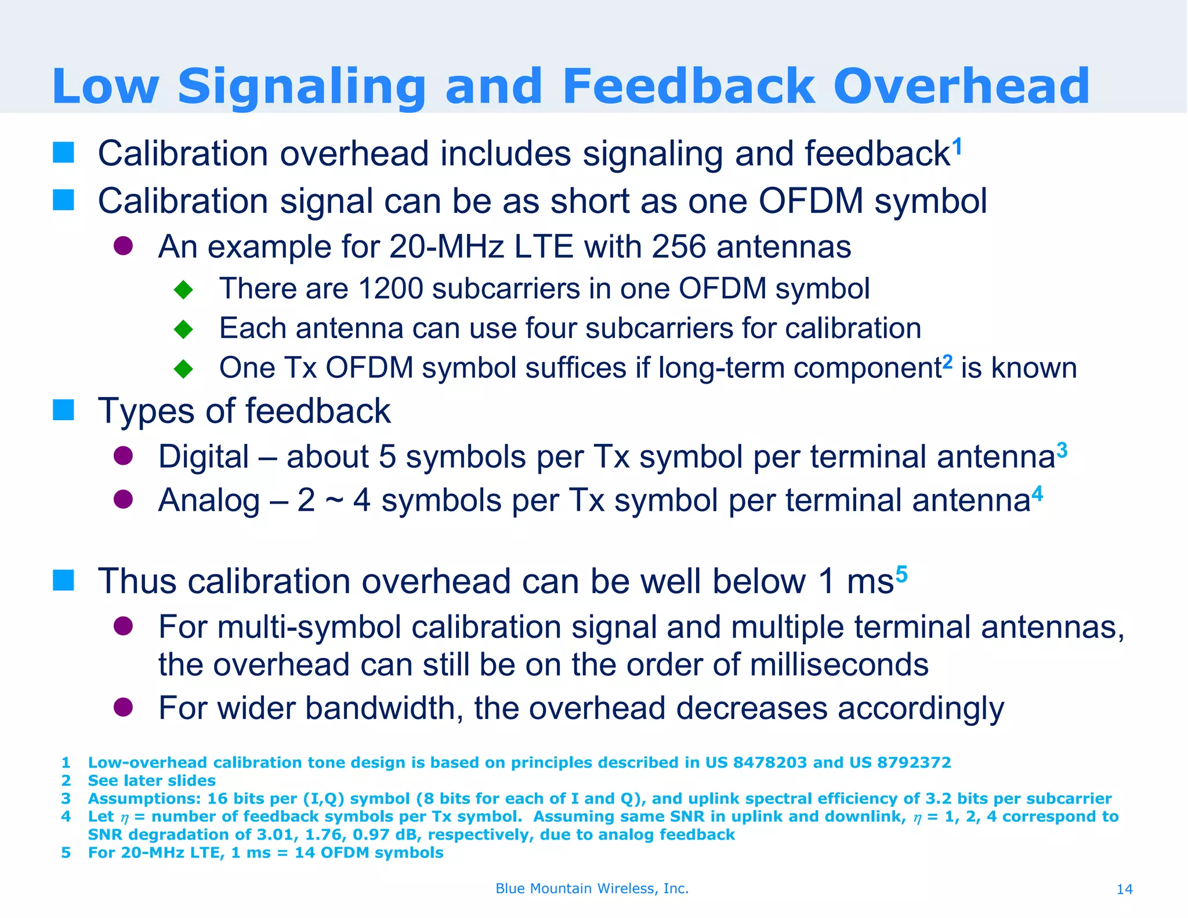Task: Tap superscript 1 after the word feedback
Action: [957, 146]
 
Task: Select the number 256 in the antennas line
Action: [679, 247]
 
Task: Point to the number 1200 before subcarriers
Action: [390, 288]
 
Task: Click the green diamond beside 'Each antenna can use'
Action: [183, 329]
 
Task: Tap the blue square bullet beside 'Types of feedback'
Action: [63, 410]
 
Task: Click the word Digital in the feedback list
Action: [204, 457]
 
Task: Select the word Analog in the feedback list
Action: [209, 500]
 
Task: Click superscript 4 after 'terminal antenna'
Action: [1037, 494]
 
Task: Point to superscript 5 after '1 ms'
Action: [901, 574]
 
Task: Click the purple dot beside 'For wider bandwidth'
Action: [124, 707]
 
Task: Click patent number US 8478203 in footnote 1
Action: [756, 762]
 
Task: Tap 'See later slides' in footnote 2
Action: [151, 780]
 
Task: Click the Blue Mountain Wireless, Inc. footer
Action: [592, 888]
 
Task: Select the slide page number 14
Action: [1124, 889]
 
